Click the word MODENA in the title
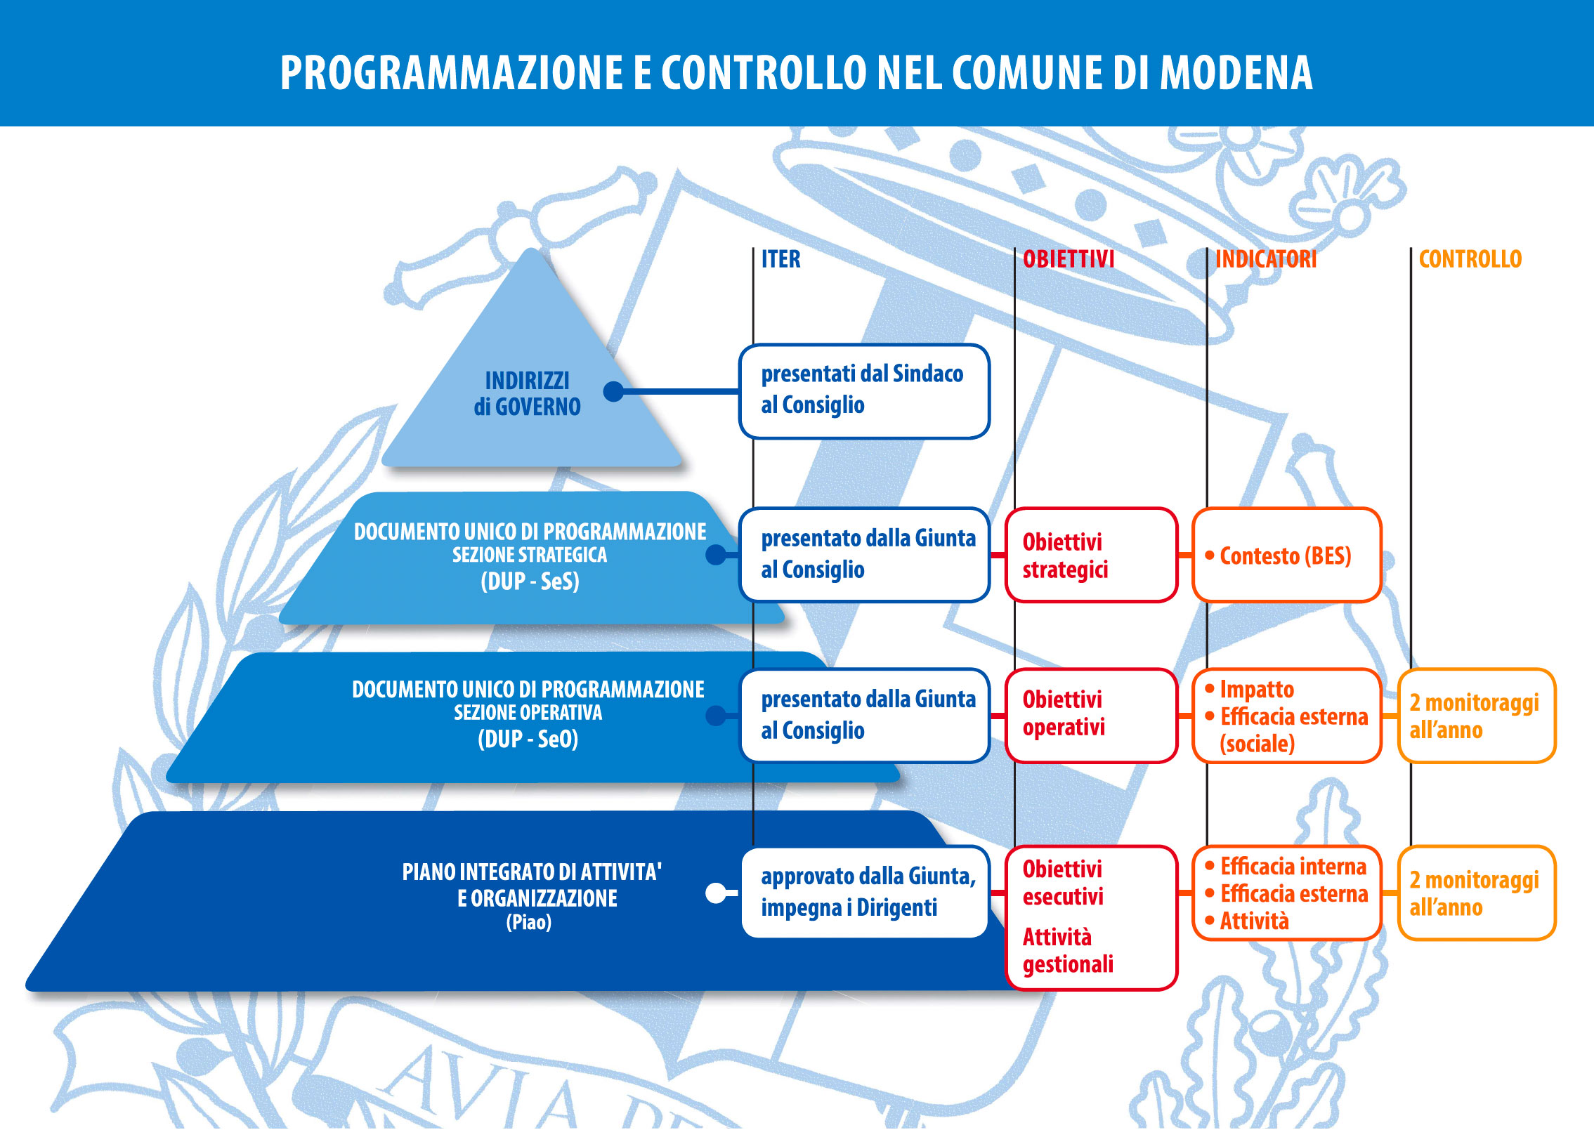pyautogui.click(x=1236, y=72)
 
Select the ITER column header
pyautogui.click(x=780, y=259)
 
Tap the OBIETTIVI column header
pyautogui.click(x=1068, y=259)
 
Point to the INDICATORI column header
pyautogui.click(x=1265, y=259)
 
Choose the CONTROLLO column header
pyautogui.click(x=1470, y=259)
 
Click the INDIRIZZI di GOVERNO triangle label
pyautogui.click(x=527, y=393)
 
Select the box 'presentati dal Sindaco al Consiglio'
pyautogui.click(x=863, y=390)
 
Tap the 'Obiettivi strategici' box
pyautogui.click(x=1090, y=555)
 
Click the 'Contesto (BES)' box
pyautogui.click(x=1286, y=555)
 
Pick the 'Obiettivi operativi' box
pyautogui.click(x=1090, y=714)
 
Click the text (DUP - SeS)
pyautogui.click(x=530, y=582)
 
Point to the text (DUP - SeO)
pyautogui.click(x=528, y=739)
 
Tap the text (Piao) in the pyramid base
pyautogui.click(x=528, y=922)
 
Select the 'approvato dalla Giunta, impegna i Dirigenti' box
pyautogui.click(x=864, y=892)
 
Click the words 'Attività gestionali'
pyautogui.click(x=1067, y=951)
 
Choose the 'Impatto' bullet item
pyautogui.click(x=1256, y=689)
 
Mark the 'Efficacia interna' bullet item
pyautogui.click(x=1293, y=867)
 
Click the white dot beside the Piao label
pyautogui.click(x=716, y=893)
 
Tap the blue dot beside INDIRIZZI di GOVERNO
pyautogui.click(x=614, y=391)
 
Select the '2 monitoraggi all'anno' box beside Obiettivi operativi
pyautogui.click(x=1476, y=716)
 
